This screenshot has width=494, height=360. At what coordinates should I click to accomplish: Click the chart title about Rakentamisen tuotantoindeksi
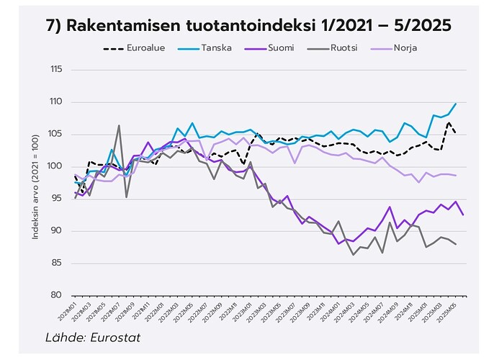pyautogui.click(x=247, y=25)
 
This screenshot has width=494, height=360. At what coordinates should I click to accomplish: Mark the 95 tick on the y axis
pyautogui.click(x=56, y=199)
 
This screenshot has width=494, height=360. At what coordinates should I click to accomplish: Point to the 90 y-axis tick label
pyautogui.click(x=56, y=231)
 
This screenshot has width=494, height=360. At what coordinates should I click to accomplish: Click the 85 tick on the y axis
pyautogui.click(x=56, y=264)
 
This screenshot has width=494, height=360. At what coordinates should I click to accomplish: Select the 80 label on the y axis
pyautogui.click(x=56, y=295)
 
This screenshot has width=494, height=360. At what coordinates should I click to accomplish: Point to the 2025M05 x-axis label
pyautogui.click(x=449, y=314)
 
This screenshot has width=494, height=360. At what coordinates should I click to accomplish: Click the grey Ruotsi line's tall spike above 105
pyautogui.click(x=119, y=126)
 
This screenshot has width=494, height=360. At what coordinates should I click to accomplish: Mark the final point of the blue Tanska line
pyautogui.click(x=455, y=104)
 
